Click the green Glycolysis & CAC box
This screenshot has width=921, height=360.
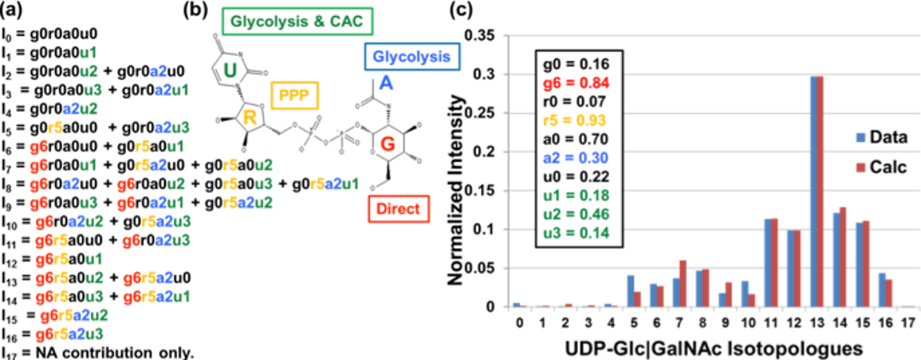click(297, 21)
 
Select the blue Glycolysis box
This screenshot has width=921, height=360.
click(412, 58)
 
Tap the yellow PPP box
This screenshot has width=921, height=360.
click(294, 95)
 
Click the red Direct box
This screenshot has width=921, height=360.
click(398, 208)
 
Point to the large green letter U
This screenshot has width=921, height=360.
click(230, 70)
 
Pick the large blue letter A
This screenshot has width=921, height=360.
click(385, 83)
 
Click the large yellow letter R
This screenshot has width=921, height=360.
click(250, 118)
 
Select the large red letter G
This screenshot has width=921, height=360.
click(387, 144)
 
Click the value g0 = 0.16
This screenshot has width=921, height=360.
click(577, 64)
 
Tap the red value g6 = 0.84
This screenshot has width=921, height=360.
click(577, 83)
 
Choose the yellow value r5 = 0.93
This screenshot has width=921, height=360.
click(577, 120)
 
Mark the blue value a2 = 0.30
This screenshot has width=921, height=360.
click(577, 158)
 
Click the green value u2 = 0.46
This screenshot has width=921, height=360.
click(577, 214)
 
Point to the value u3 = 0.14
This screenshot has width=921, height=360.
click(577, 232)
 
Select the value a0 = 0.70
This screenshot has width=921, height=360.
click(577, 139)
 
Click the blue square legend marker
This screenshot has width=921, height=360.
click(861, 138)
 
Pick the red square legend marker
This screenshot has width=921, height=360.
click(861, 168)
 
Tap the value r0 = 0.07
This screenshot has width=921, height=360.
click(577, 101)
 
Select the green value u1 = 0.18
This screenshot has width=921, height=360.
click(577, 195)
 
